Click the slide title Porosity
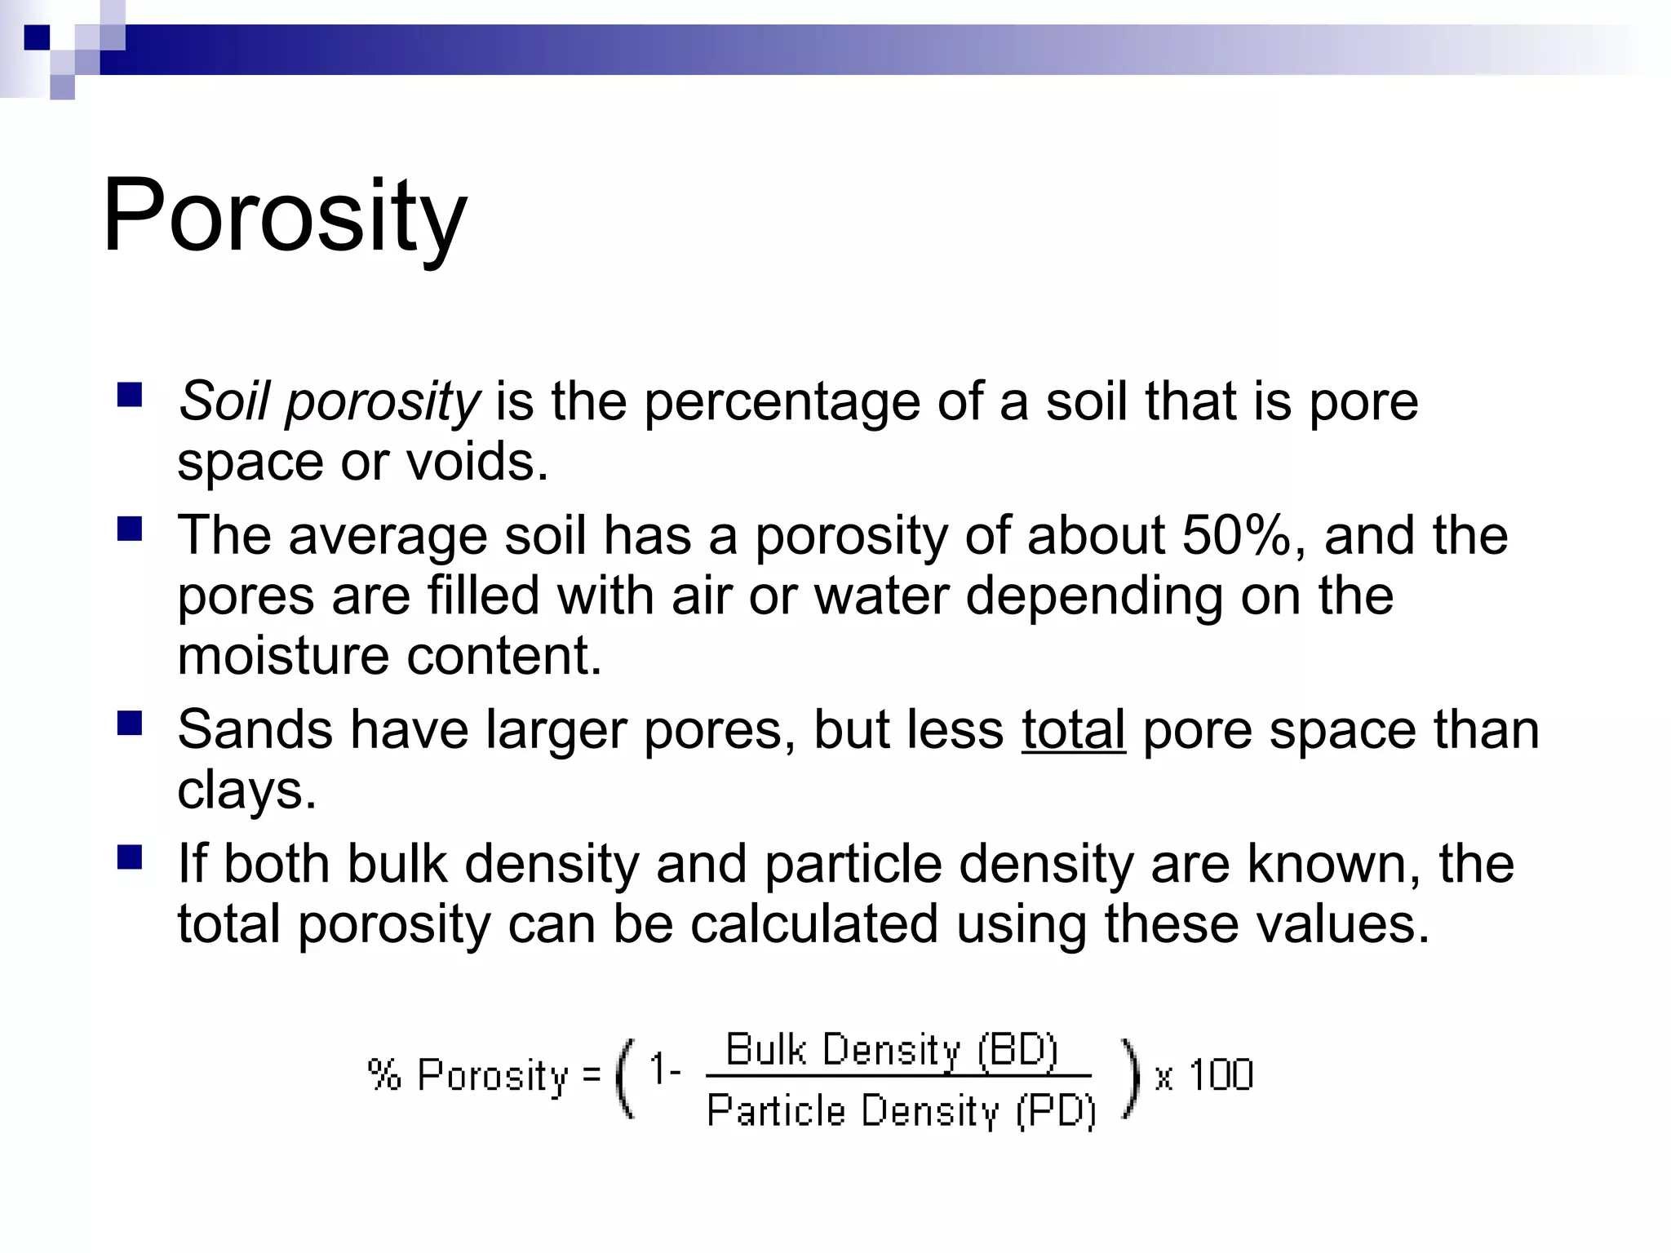tap(284, 217)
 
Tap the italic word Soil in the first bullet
tap(224, 402)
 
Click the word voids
tap(476, 463)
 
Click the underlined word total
tap(1073, 729)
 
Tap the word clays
tap(246, 790)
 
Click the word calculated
tap(813, 924)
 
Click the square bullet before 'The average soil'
tap(130, 530)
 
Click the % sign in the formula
tap(384, 1074)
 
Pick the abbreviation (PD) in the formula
tap(1056, 1111)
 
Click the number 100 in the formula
tap(1221, 1074)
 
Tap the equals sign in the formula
tap(592, 1074)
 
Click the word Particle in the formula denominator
tap(776, 1111)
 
